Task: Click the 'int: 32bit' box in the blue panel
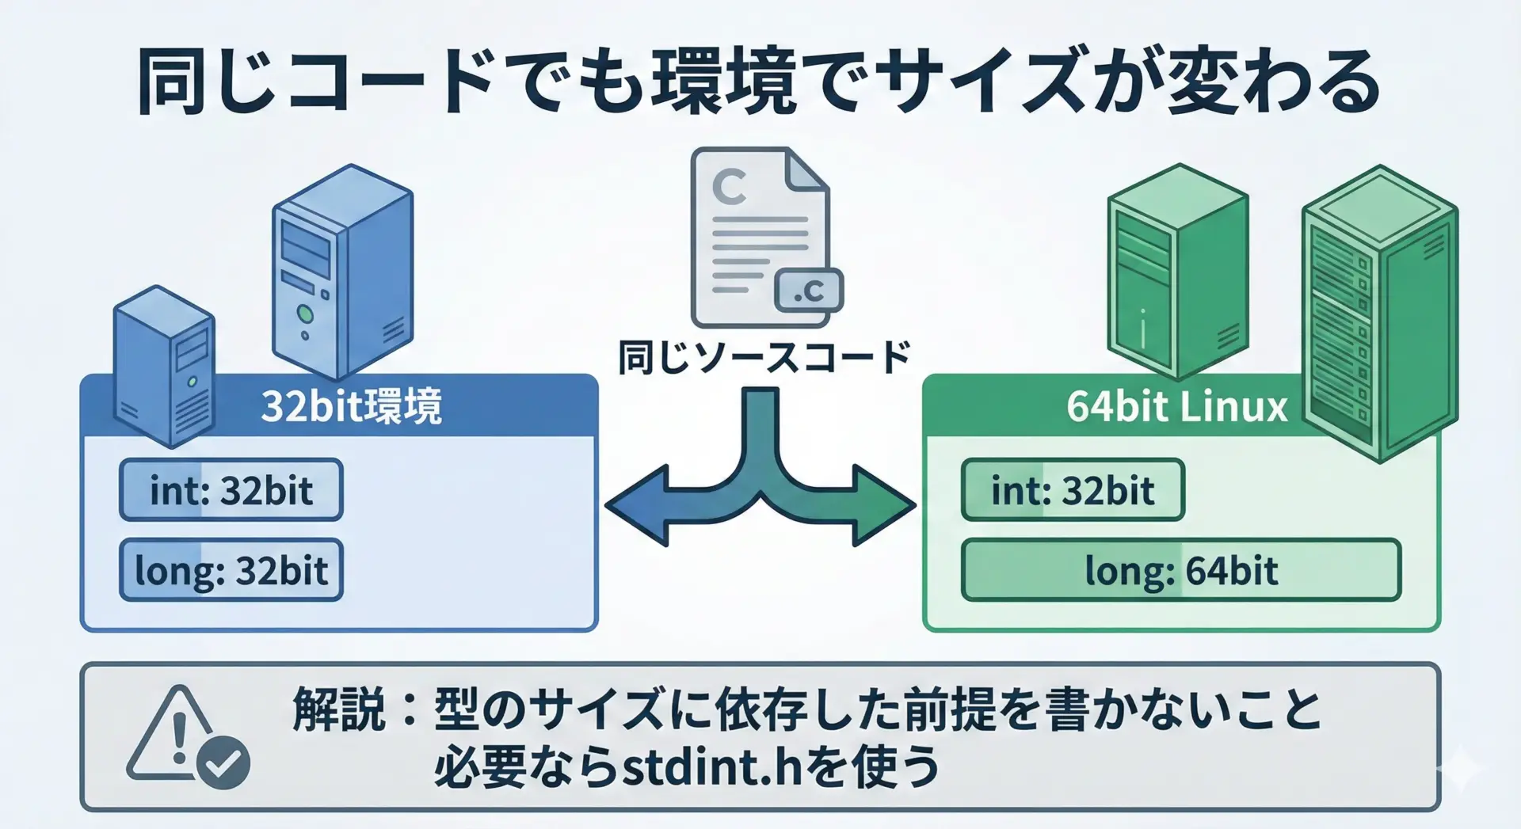tap(231, 490)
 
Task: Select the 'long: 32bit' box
tap(231, 570)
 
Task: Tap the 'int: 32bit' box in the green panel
tap(1073, 490)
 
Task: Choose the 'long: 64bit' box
tap(1180, 570)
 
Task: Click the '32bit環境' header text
tap(351, 407)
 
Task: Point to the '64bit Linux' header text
tap(1177, 407)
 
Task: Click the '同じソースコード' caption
tap(764, 357)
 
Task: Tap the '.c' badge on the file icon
tap(808, 291)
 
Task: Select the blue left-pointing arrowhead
tap(638, 505)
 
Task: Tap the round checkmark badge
tap(223, 762)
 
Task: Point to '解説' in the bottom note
tap(339, 708)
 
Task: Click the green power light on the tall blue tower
tap(304, 314)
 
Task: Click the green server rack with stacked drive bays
tap(1379, 313)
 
